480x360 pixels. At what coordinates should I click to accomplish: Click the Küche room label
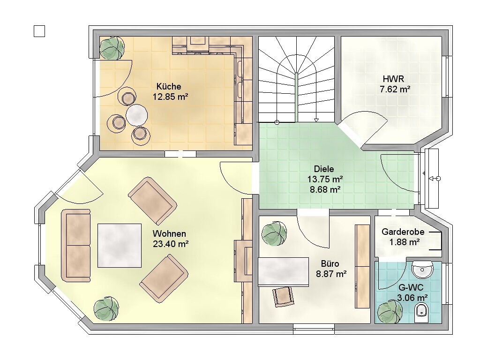169,86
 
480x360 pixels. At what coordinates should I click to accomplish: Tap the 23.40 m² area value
171,244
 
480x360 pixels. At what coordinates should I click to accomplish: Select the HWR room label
393,79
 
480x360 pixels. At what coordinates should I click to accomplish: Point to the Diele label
324,169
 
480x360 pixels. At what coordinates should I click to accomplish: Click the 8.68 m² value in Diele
325,189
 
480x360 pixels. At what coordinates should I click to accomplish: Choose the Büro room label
330,263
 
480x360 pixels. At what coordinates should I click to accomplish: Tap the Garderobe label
403,232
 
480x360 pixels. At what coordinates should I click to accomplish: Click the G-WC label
411,287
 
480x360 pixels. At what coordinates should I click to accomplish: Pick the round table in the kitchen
137,115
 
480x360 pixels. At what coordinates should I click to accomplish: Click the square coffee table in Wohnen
120,246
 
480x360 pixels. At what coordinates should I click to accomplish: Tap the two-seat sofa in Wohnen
76,245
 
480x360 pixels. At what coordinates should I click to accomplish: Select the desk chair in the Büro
283,297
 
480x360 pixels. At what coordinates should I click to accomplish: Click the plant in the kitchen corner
112,48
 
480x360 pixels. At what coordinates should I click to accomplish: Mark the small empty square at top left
39,31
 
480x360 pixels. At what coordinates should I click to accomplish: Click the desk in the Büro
284,272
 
